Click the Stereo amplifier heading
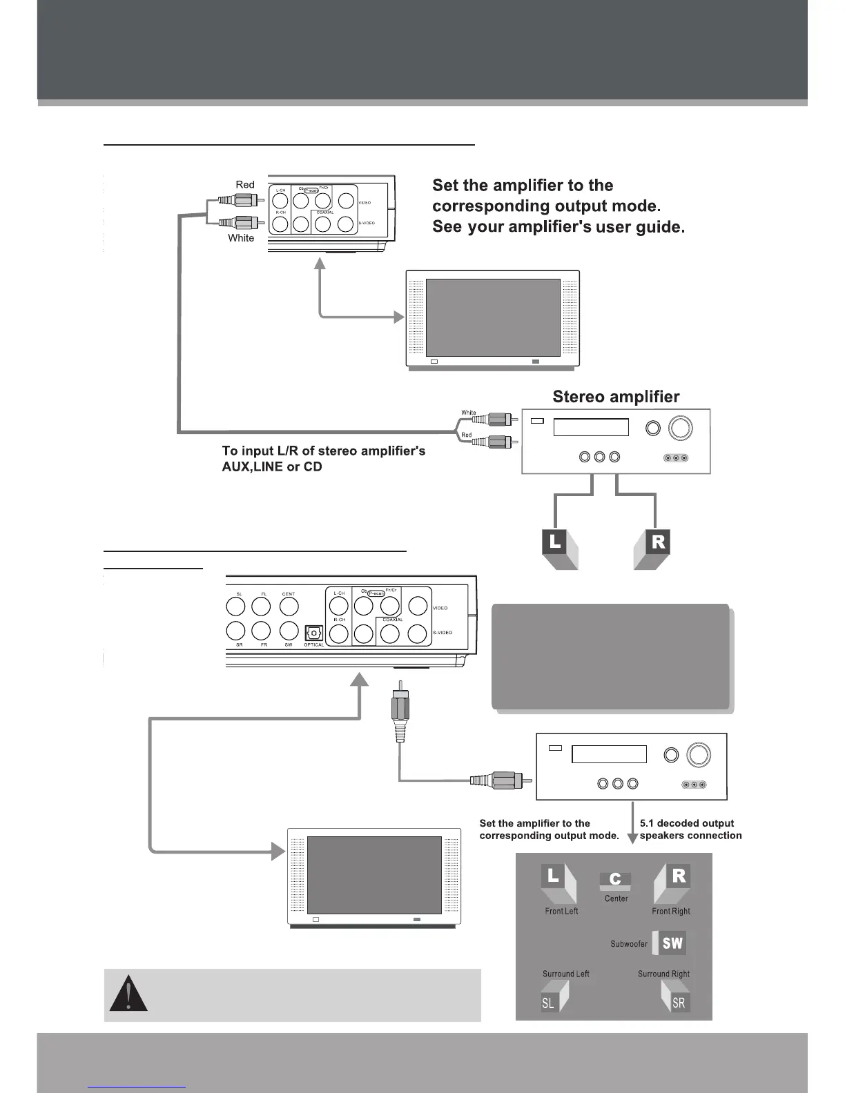[616, 397]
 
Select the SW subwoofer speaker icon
[671, 943]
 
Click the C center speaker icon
[615, 880]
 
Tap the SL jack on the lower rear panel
[236, 607]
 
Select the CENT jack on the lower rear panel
[289, 607]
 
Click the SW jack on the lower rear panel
[289, 631]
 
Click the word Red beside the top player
[245, 185]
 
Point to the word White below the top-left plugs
[241, 238]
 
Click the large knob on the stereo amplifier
[680, 429]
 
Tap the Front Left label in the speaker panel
[561, 912]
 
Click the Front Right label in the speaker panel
[670, 912]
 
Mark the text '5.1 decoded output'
[686, 823]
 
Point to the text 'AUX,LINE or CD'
[272, 466]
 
